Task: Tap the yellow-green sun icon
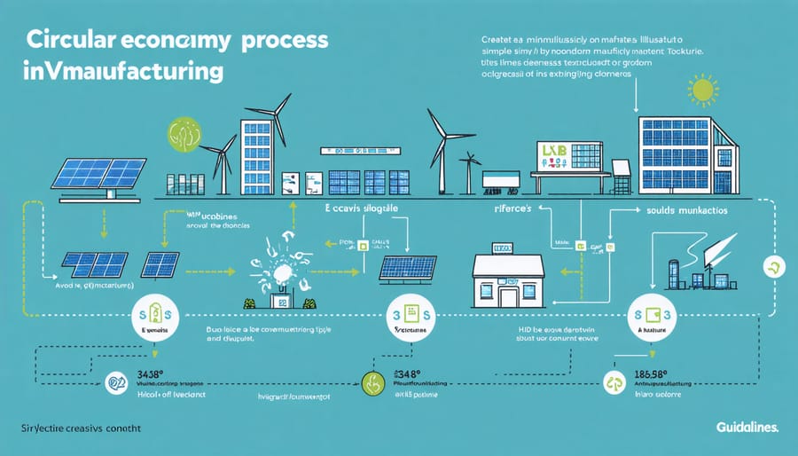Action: pyautogui.click(x=702, y=90)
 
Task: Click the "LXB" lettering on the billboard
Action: pyautogui.click(x=552, y=153)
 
